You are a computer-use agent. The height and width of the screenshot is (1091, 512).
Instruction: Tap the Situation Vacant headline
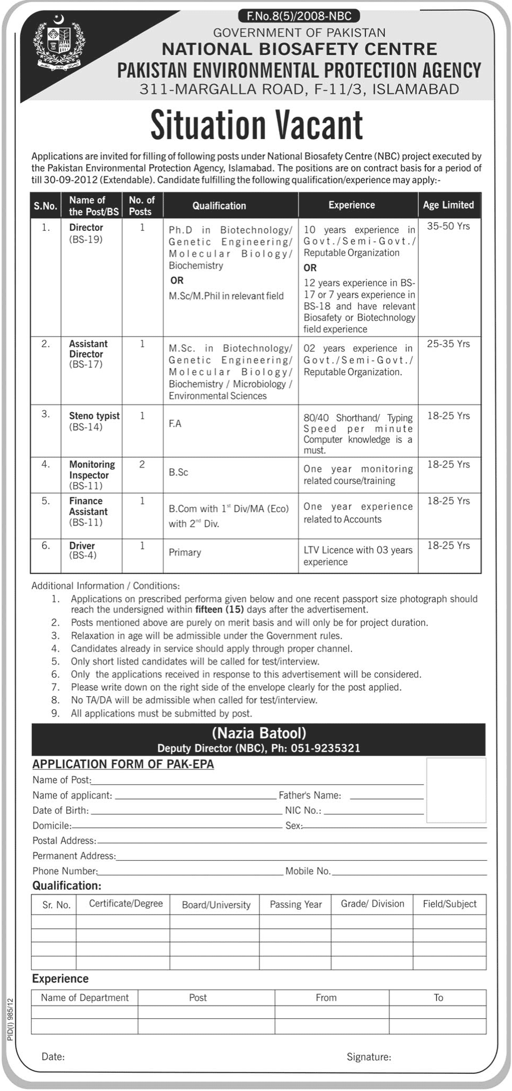pyautogui.click(x=257, y=125)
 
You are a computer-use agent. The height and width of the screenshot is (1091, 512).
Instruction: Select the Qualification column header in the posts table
pyautogui.click(x=219, y=205)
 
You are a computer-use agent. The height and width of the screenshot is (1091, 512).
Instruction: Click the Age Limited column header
pyautogui.click(x=448, y=205)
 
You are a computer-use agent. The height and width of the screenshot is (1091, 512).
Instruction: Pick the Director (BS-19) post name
pyautogui.click(x=86, y=233)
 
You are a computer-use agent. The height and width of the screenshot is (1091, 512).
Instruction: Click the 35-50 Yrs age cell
pyautogui.click(x=448, y=227)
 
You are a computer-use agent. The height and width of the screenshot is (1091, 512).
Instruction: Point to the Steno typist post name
pyautogui.click(x=94, y=416)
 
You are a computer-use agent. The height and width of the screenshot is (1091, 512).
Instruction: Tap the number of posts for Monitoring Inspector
pyautogui.click(x=142, y=464)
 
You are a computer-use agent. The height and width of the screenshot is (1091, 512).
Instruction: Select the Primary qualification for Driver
pyautogui.click(x=185, y=552)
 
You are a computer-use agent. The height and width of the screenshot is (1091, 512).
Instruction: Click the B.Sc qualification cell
pyautogui.click(x=178, y=472)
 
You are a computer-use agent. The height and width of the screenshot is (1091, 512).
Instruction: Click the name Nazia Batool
pyautogui.click(x=259, y=733)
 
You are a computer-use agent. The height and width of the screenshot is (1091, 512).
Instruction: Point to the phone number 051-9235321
pyautogui.click(x=326, y=748)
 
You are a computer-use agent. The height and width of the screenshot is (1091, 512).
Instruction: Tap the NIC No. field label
pyautogui.click(x=303, y=811)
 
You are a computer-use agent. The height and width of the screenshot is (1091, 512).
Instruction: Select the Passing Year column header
pyautogui.click(x=295, y=904)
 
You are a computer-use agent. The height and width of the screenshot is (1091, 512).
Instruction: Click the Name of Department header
pyautogui.click(x=85, y=998)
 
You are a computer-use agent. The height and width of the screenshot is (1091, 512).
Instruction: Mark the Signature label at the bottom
pyautogui.click(x=369, y=1057)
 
